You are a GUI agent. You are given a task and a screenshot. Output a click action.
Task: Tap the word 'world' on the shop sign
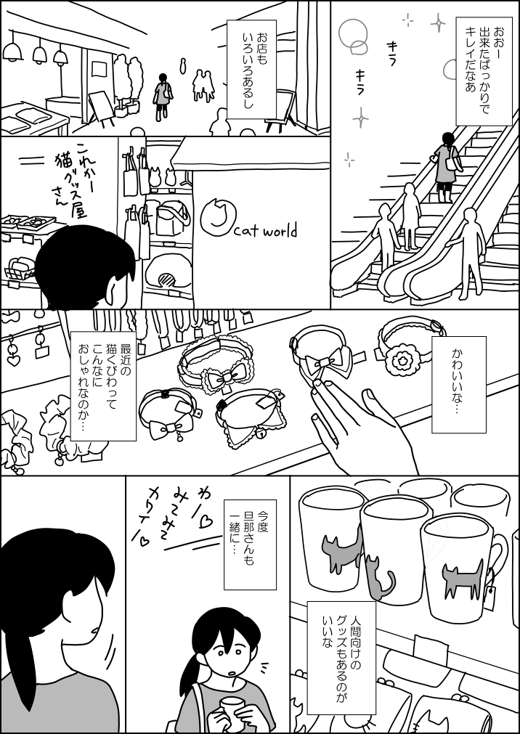279,232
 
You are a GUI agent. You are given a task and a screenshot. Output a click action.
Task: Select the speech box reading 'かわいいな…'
458,384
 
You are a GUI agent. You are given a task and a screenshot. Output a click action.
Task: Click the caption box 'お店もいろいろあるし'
251,69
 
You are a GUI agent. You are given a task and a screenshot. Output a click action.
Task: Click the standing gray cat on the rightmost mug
462,577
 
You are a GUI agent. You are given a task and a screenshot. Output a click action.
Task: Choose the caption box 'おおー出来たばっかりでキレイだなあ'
480,73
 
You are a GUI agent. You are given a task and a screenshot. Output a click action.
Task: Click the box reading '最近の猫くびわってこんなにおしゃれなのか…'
103,386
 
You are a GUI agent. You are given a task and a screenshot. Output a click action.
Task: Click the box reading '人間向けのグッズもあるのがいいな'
341,660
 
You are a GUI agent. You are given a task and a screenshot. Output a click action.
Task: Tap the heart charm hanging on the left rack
14,360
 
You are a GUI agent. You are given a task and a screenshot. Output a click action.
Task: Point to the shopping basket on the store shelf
20,269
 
